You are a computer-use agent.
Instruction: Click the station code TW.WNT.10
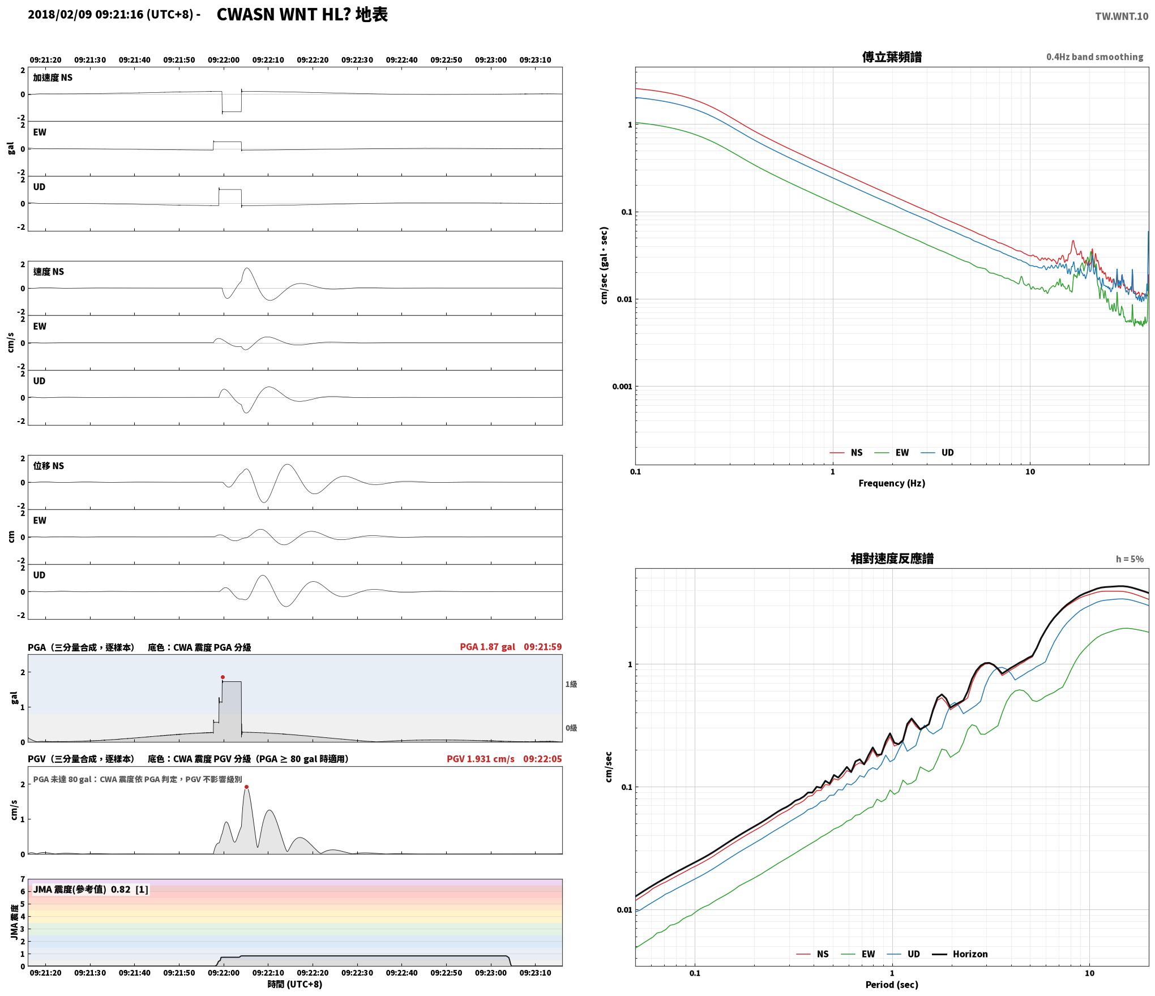point(1122,16)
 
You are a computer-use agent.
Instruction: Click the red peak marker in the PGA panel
point(223,677)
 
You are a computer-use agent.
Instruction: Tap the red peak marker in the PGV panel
point(246,787)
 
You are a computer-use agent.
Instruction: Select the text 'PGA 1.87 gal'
point(487,647)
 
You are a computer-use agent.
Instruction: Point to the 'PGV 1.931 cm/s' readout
point(481,759)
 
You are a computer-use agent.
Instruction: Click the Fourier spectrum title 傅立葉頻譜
point(892,57)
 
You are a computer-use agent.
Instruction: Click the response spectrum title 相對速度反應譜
point(892,559)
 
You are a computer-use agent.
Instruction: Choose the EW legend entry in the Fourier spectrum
point(892,453)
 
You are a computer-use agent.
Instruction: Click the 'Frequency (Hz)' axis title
point(892,483)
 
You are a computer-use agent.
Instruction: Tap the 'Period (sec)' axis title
point(892,985)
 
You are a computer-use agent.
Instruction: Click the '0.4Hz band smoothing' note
point(1094,57)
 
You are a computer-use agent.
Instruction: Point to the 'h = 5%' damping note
point(1130,559)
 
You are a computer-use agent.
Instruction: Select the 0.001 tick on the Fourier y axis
point(622,387)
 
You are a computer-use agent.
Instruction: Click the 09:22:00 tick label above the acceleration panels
point(224,60)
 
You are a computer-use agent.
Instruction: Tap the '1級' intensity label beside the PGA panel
point(571,684)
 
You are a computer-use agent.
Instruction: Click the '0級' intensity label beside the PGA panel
point(571,728)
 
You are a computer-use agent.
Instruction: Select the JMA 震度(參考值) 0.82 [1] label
point(91,890)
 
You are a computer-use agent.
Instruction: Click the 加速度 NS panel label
point(53,78)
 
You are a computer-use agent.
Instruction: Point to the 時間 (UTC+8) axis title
point(295,984)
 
